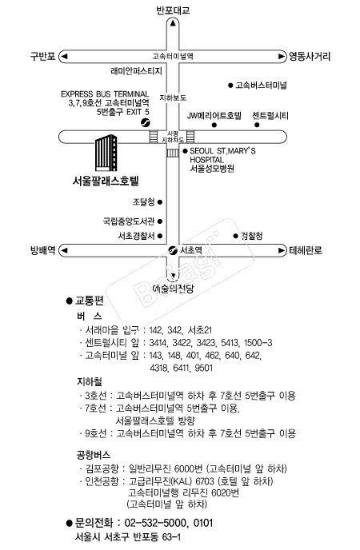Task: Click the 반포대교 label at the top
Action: (173, 10)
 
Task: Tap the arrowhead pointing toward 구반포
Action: (64, 56)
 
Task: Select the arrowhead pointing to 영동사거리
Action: (282, 56)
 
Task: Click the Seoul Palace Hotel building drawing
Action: (106, 153)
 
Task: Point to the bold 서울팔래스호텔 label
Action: (106, 181)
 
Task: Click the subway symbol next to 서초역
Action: (173, 250)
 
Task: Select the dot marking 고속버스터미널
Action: (230, 86)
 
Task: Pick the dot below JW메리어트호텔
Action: (214, 125)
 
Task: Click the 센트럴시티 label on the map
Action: (270, 116)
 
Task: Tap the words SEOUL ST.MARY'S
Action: (223, 151)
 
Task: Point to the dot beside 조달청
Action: (160, 202)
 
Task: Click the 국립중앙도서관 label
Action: (129, 221)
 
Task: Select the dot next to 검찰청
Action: (235, 236)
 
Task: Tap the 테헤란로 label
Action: (306, 250)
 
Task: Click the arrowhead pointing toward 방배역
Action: (64, 250)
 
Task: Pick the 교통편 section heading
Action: (90, 301)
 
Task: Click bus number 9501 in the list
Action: (203, 368)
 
